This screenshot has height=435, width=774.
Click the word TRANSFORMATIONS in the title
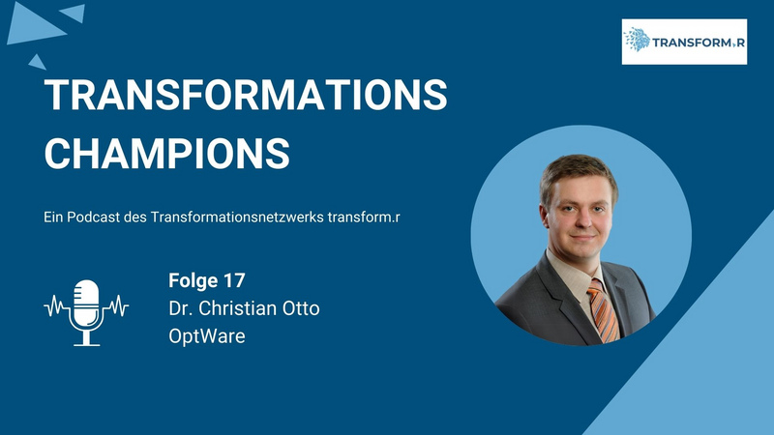tap(246, 94)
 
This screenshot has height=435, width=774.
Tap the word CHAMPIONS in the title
tap(166, 154)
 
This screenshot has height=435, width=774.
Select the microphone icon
tap(86, 312)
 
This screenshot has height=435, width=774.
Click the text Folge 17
tap(207, 280)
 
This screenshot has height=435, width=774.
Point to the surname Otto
tap(301, 308)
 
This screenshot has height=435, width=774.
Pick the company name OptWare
tap(207, 336)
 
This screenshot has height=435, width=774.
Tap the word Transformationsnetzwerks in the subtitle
tap(237, 217)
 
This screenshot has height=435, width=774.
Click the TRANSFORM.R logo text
tap(698, 43)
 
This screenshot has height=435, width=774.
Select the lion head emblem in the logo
tap(638, 40)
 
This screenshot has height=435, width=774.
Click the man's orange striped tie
tap(603, 310)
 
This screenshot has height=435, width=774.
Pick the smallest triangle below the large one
tap(38, 63)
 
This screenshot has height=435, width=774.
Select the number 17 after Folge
tap(234, 280)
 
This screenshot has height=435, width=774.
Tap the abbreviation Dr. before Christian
tap(180, 308)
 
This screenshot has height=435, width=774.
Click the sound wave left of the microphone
tap(56, 306)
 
